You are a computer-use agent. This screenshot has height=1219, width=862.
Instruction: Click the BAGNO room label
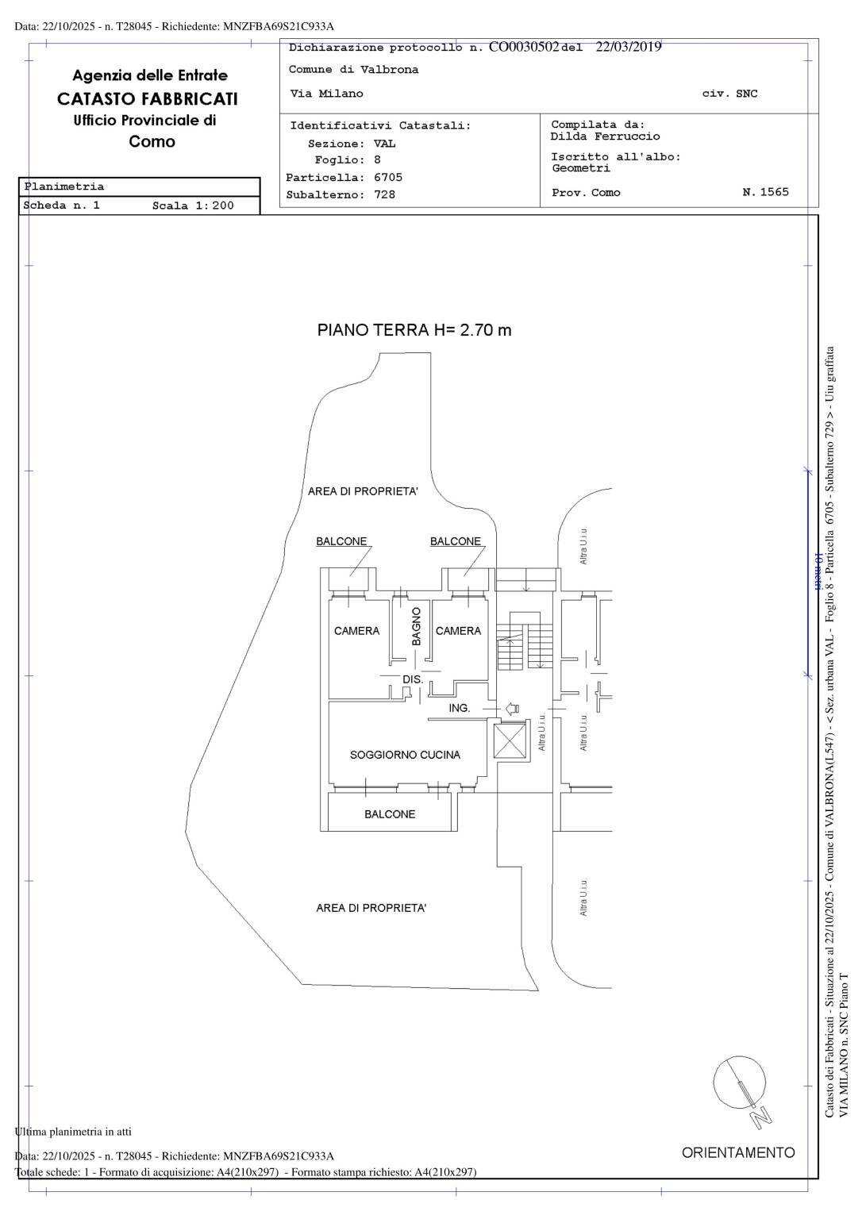coord(416,626)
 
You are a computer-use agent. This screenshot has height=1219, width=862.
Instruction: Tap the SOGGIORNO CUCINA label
coord(405,755)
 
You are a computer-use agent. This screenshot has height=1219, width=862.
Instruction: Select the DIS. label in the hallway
coord(413,680)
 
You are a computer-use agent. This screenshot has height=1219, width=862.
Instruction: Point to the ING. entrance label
coord(460,708)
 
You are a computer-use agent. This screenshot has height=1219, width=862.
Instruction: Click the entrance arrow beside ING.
coord(511,708)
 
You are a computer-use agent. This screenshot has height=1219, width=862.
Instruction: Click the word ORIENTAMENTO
coord(738,1152)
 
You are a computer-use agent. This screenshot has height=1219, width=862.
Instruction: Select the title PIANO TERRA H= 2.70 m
coord(414,330)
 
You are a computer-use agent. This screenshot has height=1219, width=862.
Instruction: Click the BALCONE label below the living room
coord(390,814)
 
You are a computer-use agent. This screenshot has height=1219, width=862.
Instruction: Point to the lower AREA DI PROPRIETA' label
coord(371,908)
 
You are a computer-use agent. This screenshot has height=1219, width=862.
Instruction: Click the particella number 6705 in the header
coord(388,178)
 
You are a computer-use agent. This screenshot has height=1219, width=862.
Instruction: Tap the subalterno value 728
coord(384,194)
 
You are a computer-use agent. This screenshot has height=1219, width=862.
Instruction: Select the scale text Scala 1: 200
coord(193,206)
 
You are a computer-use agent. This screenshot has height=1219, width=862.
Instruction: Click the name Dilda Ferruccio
coord(605,137)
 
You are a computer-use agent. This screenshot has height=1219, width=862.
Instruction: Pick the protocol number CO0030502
coord(524,47)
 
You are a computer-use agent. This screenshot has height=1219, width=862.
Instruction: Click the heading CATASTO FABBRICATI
coord(147,99)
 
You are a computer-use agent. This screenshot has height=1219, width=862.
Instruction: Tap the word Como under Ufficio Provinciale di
coord(152,142)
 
